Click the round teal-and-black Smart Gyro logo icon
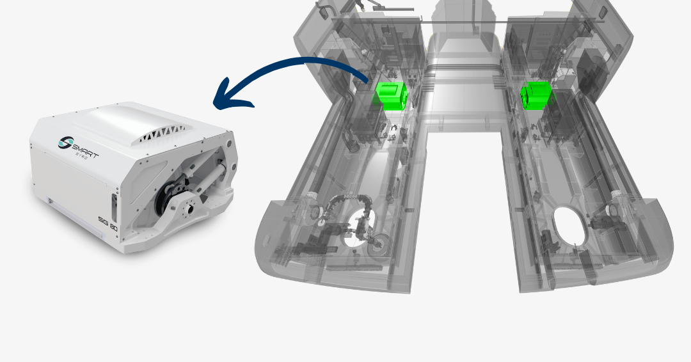click(x=66, y=142)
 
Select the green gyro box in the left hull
click(x=391, y=95)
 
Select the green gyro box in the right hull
click(x=536, y=95)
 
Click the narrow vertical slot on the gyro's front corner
click(x=115, y=207)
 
